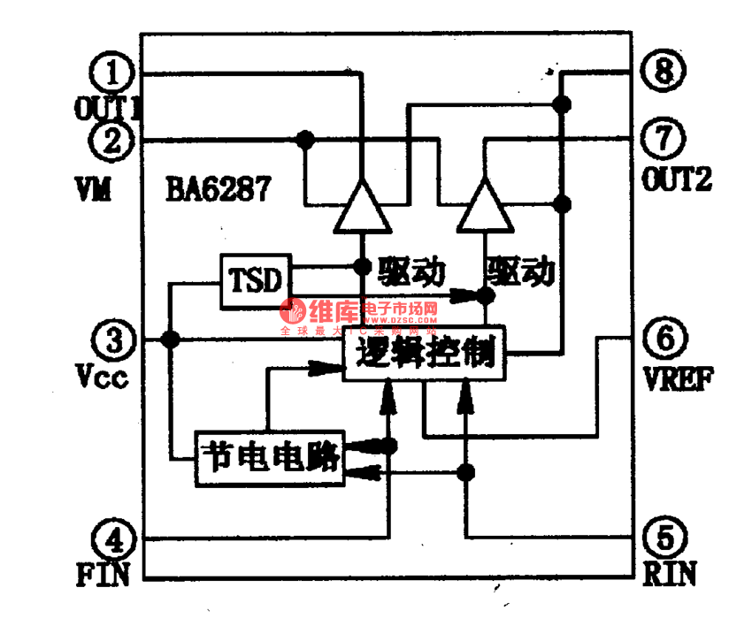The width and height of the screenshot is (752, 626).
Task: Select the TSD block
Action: point(256,281)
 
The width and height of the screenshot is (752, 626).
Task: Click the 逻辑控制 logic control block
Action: point(424,355)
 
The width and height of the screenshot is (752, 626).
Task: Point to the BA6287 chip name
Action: point(217,189)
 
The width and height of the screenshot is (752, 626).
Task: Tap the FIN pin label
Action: point(103,575)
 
